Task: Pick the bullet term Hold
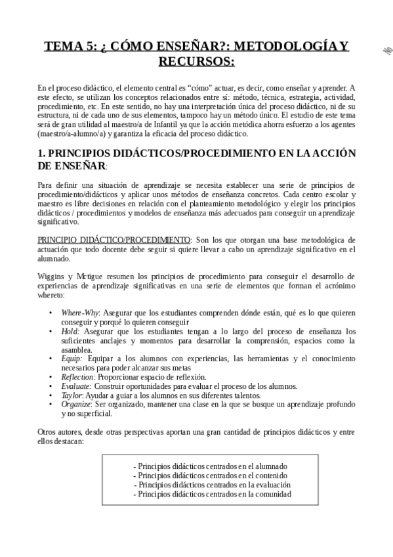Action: [70, 331]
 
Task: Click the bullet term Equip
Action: [72, 359]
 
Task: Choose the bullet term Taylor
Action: [72, 395]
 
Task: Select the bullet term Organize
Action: [76, 405]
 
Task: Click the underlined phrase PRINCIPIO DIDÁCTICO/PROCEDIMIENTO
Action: [114, 240]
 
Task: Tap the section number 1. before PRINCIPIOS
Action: [41, 153]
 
